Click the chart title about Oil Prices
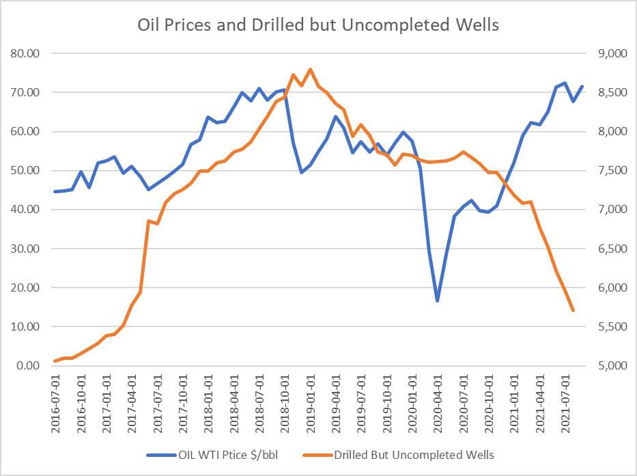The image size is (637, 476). click(x=319, y=26)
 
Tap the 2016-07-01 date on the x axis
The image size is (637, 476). click(x=56, y=398)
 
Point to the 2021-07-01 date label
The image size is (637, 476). click(x=565, y=398)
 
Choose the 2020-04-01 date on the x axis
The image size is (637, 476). click(x=438, y=398)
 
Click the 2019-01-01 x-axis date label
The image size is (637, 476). click(x=311, y=398)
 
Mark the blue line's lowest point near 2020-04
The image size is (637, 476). click(x=438, y=301)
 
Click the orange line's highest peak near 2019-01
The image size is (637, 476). click(x=310, y=69)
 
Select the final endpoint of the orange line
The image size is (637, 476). click(x=574, y=311)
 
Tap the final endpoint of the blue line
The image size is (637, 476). click(x=582, y=86)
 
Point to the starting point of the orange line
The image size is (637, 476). click(x=55, y=361)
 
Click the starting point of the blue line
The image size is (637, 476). click(x=55, y=191)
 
